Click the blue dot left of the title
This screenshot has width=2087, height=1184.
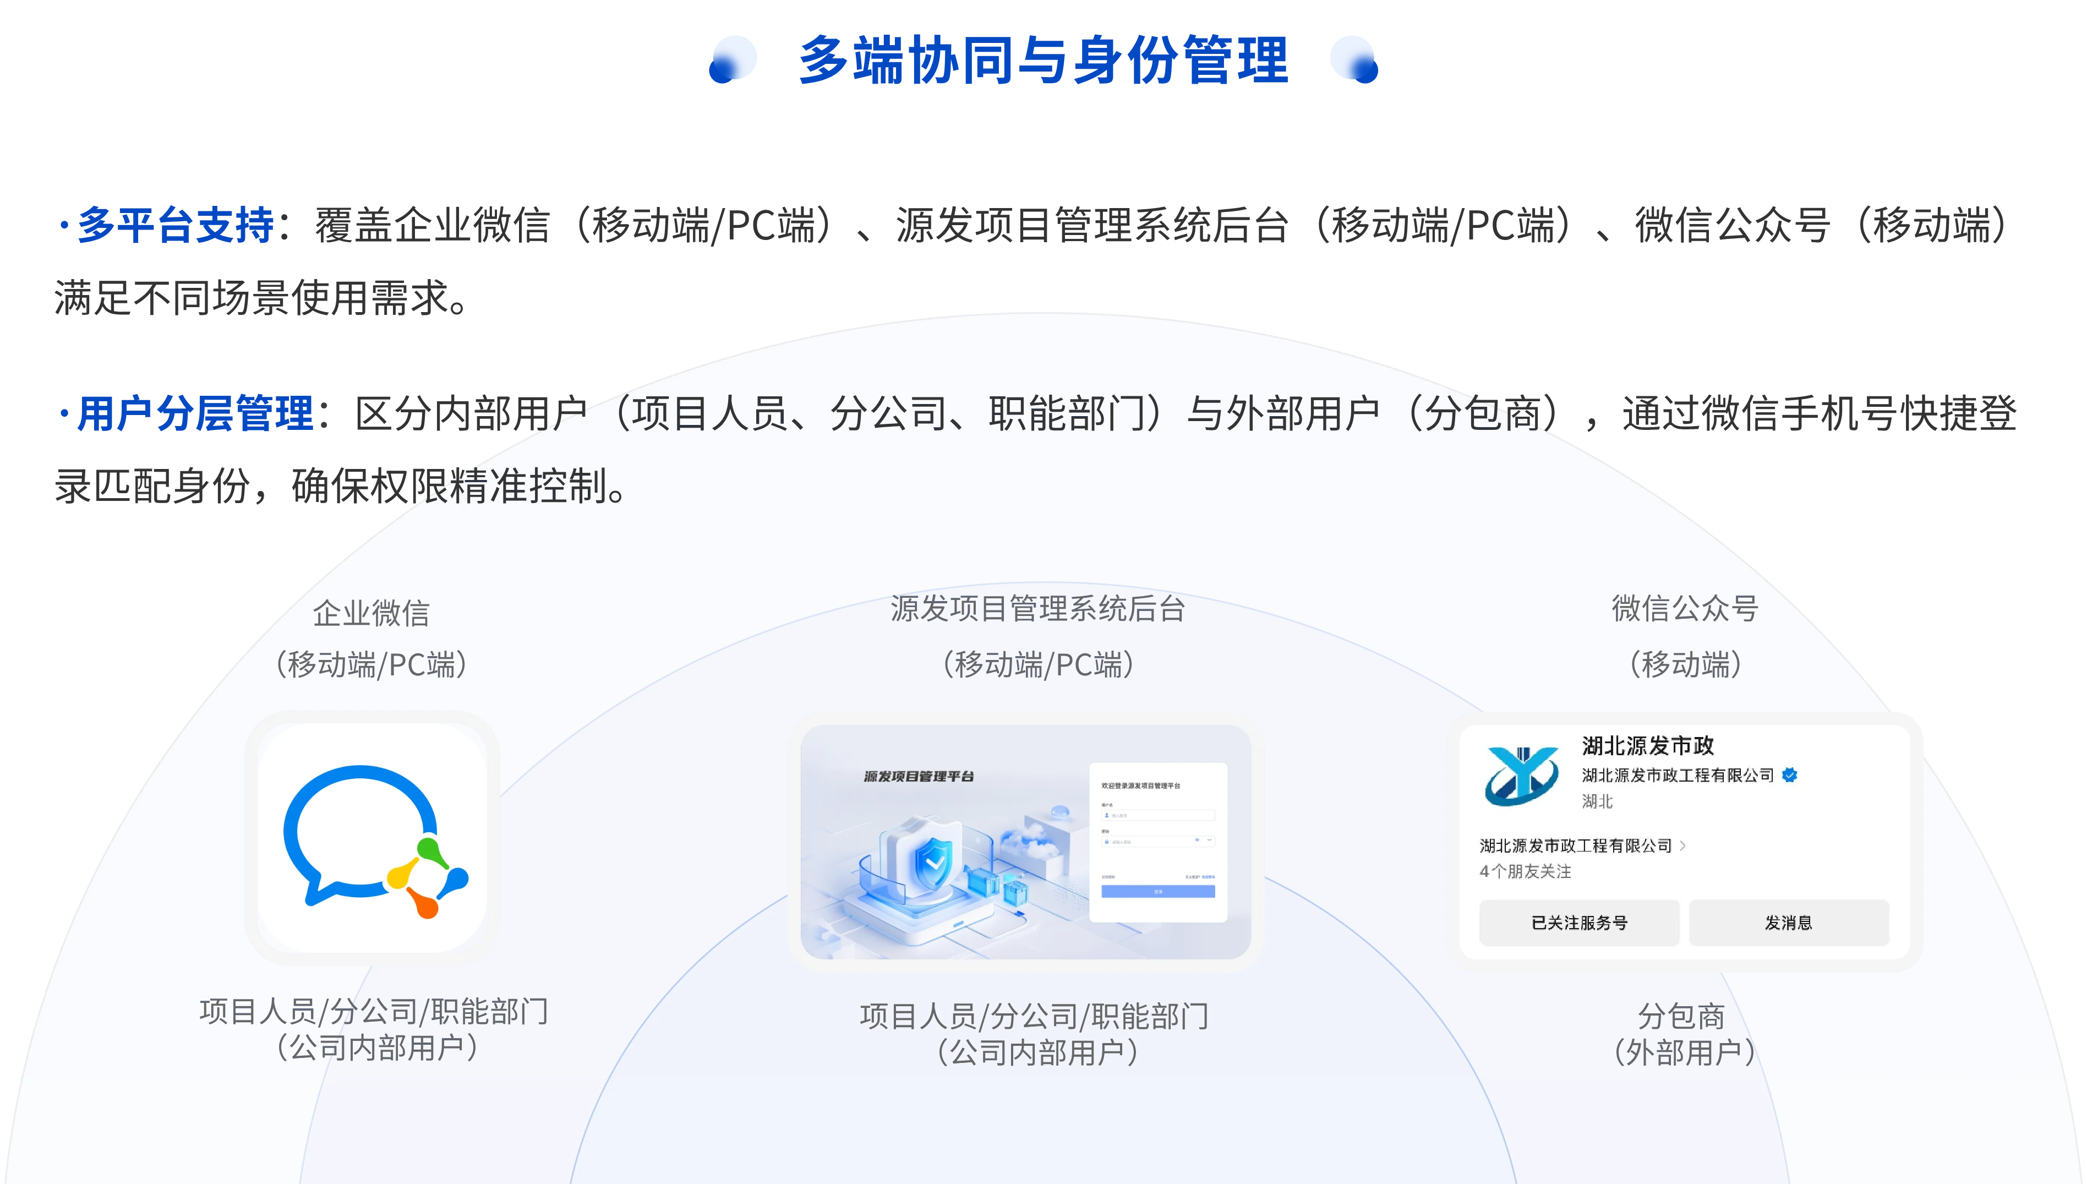pos(733,59)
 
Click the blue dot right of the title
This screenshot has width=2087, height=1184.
pos(1354,59)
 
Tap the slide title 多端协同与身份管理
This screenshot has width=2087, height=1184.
pos(1043,60)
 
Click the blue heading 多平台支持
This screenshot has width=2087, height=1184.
pos(175,225)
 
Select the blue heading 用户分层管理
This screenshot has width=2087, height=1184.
pos(194,413)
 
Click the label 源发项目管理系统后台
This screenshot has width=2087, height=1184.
pos(1037,608)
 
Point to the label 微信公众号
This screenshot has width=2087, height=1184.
pos(1685,608)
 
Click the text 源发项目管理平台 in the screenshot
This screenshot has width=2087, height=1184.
pos(919,777)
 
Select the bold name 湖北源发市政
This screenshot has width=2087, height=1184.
pos(1648,746)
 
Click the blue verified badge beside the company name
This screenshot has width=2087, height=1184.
pos(1789,775)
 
